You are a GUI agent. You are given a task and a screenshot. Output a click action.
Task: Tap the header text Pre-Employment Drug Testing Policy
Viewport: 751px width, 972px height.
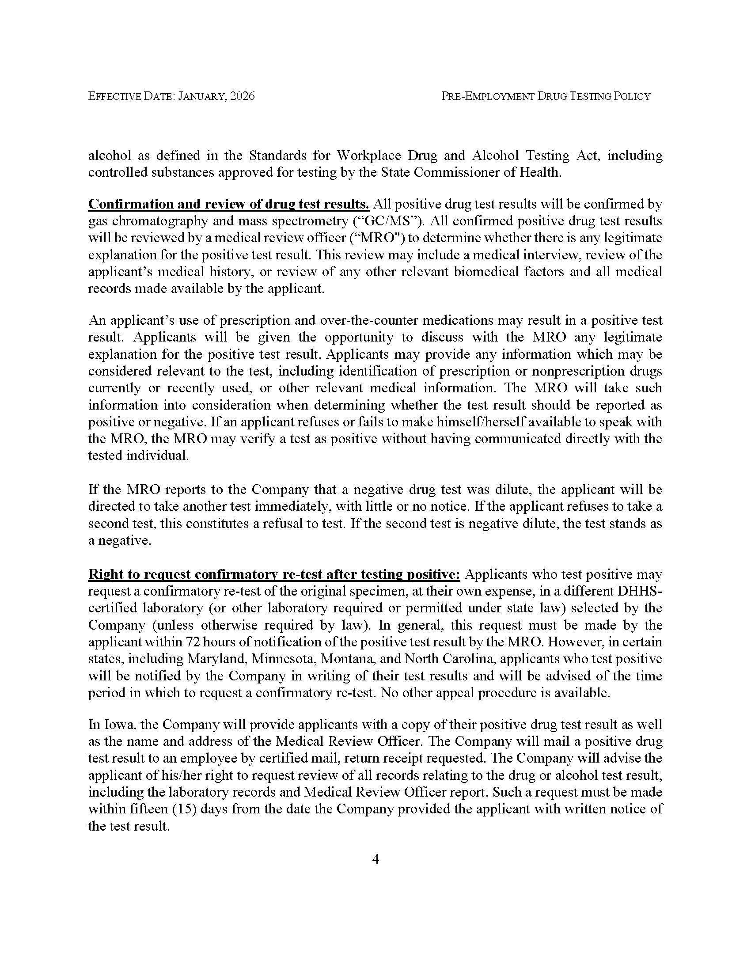(546, 96)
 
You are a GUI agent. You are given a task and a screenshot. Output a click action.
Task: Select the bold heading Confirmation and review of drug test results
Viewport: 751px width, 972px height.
(229, 204)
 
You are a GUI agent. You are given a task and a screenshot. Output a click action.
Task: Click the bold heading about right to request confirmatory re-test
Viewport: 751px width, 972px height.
(274, 574)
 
